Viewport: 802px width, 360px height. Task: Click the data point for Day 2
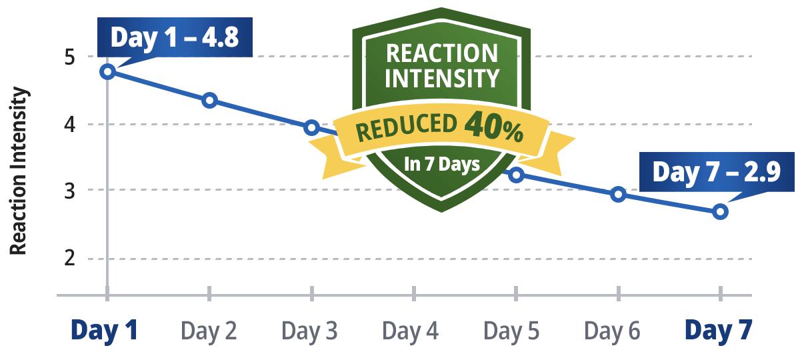pyautogui.click(x=209, y=100)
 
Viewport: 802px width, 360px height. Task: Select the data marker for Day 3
pyautogui.click(x=311, y=127)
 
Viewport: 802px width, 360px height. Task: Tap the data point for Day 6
pyautogui.click(x=618, y=194)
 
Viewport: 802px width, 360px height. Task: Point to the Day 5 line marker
pyautogui.click(x=516, y=175)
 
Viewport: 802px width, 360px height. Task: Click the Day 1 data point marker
pyautogui.click(x=108, y=71)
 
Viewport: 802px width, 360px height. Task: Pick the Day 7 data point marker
pyautogui.click(x=720, y=212)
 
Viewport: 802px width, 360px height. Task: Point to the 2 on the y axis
pyautogui.click(x=69, y=259)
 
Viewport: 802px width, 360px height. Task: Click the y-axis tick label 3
pyautogui.click(x=69, y=191)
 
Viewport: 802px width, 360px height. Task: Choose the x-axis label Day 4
pyautogui.click(x=411, y=330)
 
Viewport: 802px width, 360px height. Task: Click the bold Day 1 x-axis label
pyautogui.click(x=105, y=330)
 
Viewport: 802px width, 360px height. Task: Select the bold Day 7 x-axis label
pyautogui.click(x=719, y=330)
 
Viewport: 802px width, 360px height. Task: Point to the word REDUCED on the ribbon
pyautogui.click(x=407, y=130)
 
